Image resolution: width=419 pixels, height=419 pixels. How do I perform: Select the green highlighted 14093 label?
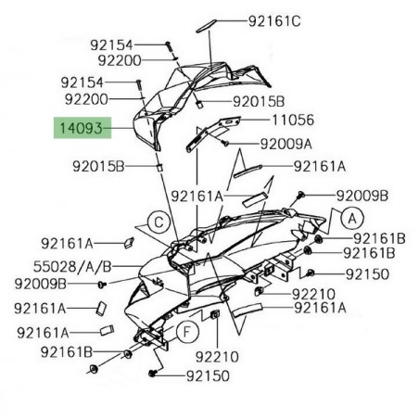click(83, 129)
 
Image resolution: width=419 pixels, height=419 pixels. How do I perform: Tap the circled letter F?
click(186, 332)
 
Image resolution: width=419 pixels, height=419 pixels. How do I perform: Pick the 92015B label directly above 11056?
click(259, 100)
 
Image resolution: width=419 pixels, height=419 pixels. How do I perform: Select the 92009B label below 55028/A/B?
click(40, 283)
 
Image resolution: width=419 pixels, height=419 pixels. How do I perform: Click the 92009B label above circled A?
click(362, 196)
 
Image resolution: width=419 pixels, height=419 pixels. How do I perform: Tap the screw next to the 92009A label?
click(224, 142)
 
